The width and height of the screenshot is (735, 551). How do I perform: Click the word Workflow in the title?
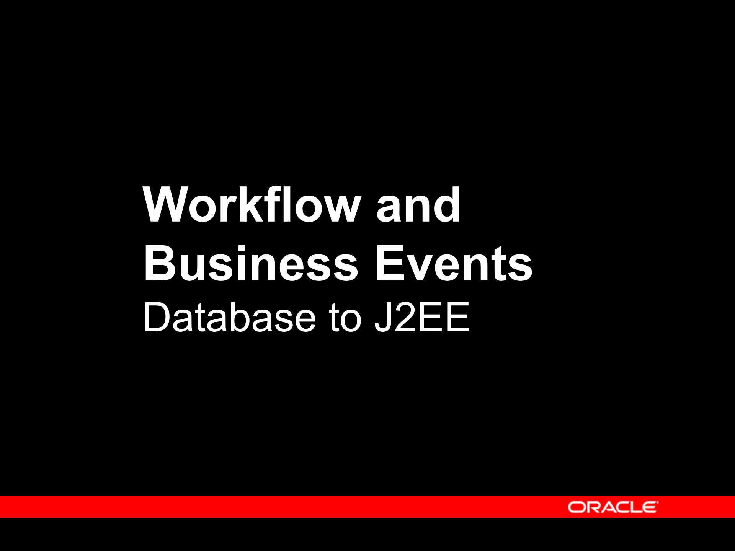coord(252,205)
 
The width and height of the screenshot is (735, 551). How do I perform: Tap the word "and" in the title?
coord(418,205)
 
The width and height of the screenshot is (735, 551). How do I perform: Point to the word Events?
coord(454,264)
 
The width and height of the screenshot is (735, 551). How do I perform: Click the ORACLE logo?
coord(613,507)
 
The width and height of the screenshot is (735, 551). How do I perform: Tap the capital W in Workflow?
coord(166,205)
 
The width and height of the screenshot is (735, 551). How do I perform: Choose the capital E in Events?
coord(390,264)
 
